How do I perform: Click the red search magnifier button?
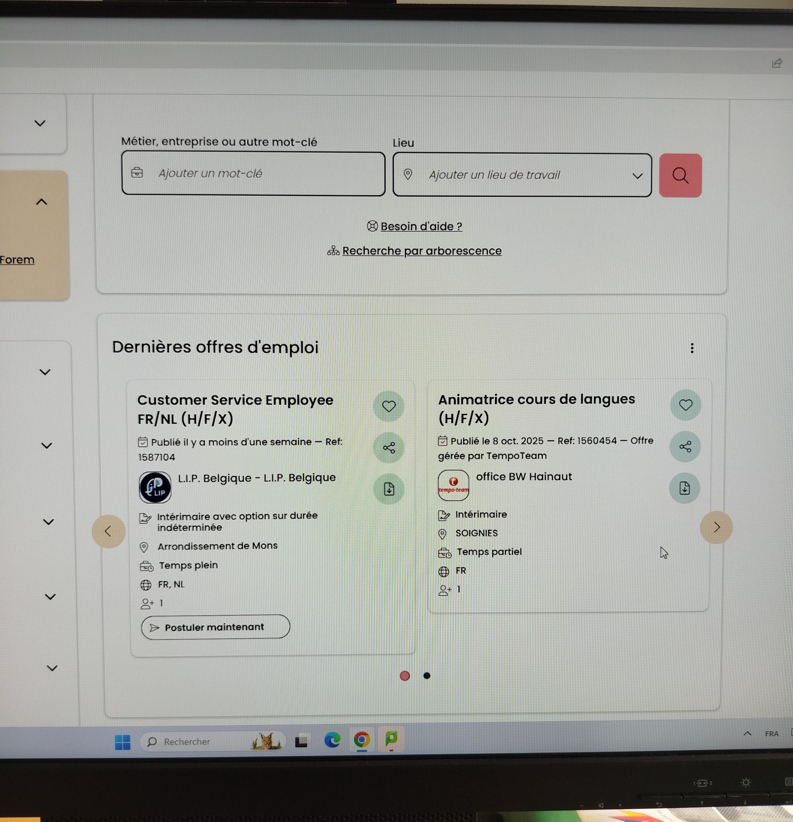[680, 175]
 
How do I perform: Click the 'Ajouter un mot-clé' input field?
[253, 174]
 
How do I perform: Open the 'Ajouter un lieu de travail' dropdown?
[522, 175]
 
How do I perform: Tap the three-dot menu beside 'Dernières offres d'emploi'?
[692, 348]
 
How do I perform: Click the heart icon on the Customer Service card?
[389, 406]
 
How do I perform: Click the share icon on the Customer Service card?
[389, 448]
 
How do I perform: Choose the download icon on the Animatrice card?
[684, 488]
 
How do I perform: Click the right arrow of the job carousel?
[716, 527]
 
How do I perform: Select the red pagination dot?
[405, 676]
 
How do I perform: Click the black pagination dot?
[427, 676]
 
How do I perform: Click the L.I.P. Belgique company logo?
[155, 487]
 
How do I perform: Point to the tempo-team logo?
[453, 485]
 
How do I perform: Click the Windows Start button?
[122, 742]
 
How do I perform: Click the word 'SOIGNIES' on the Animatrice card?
[476, 533]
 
